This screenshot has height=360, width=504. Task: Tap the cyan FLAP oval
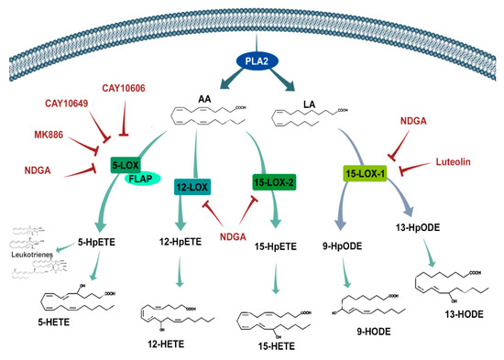[x=141, y=180]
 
